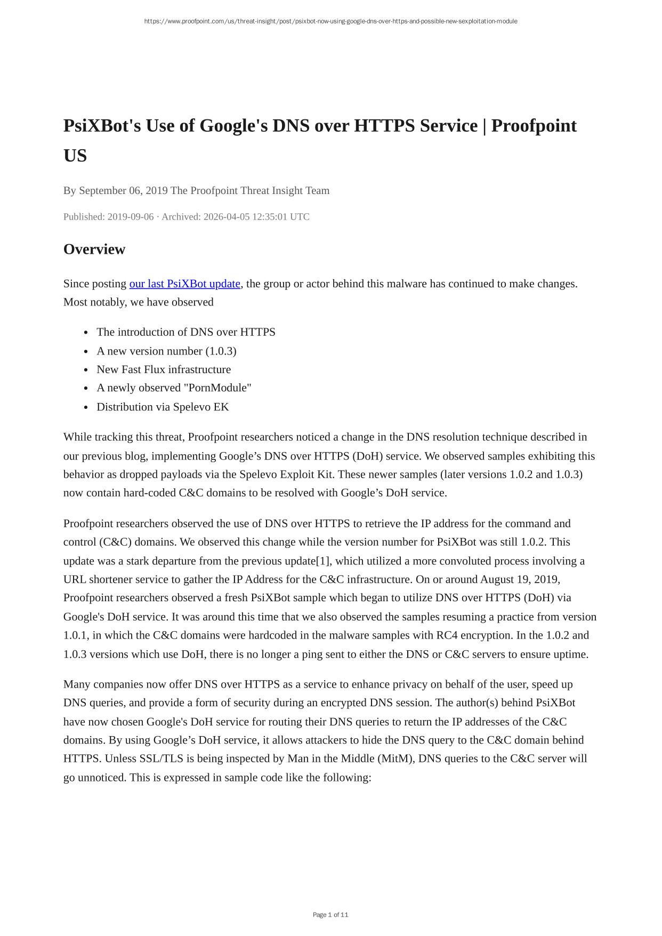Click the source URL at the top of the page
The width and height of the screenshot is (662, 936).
point(330,21)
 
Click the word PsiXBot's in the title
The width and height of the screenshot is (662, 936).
point(100,126)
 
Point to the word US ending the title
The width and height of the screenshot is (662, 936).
point(75,156)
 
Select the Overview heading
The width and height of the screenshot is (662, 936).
point(94,249)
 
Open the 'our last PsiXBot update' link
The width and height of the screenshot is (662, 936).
point(184,284)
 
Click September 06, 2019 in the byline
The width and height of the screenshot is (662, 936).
point(123,191)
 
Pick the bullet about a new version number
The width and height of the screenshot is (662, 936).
point(166,351)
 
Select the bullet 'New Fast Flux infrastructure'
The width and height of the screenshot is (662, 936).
point(164,369)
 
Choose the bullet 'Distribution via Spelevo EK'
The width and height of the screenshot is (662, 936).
point(163,407)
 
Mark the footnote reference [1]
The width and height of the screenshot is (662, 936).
point(324,561)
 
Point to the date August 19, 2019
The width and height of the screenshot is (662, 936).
point(520,579)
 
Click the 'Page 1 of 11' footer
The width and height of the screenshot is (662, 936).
point(330,915)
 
